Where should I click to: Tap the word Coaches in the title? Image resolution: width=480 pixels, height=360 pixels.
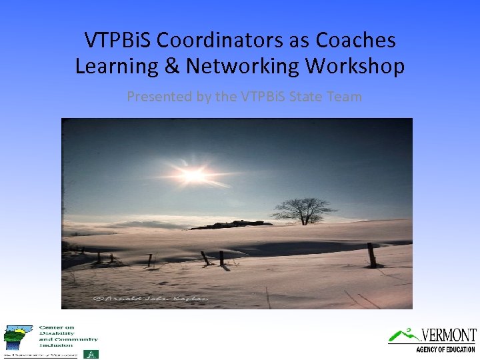coord(355,41)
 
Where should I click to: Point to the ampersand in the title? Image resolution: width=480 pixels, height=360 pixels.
coord(172,67)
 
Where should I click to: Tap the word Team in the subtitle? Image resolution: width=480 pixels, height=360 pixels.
coord(344,97)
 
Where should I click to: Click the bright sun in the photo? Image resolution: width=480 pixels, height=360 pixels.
coord(193,175)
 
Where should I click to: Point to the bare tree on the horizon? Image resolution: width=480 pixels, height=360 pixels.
coord(305,211)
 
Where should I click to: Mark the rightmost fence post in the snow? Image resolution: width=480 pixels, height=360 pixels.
coord(371,255)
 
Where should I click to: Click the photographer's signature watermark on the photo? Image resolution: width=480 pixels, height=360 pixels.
coord(151,298)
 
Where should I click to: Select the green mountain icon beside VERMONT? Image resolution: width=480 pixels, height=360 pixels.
coord(401,335)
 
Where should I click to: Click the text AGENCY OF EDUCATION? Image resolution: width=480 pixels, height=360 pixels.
coord(445,349)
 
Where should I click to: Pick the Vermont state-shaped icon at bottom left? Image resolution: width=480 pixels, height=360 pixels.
coord(17,337)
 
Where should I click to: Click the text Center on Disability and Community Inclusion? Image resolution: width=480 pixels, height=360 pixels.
coord(67,337)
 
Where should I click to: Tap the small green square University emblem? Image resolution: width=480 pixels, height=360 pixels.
coord(93,354)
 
